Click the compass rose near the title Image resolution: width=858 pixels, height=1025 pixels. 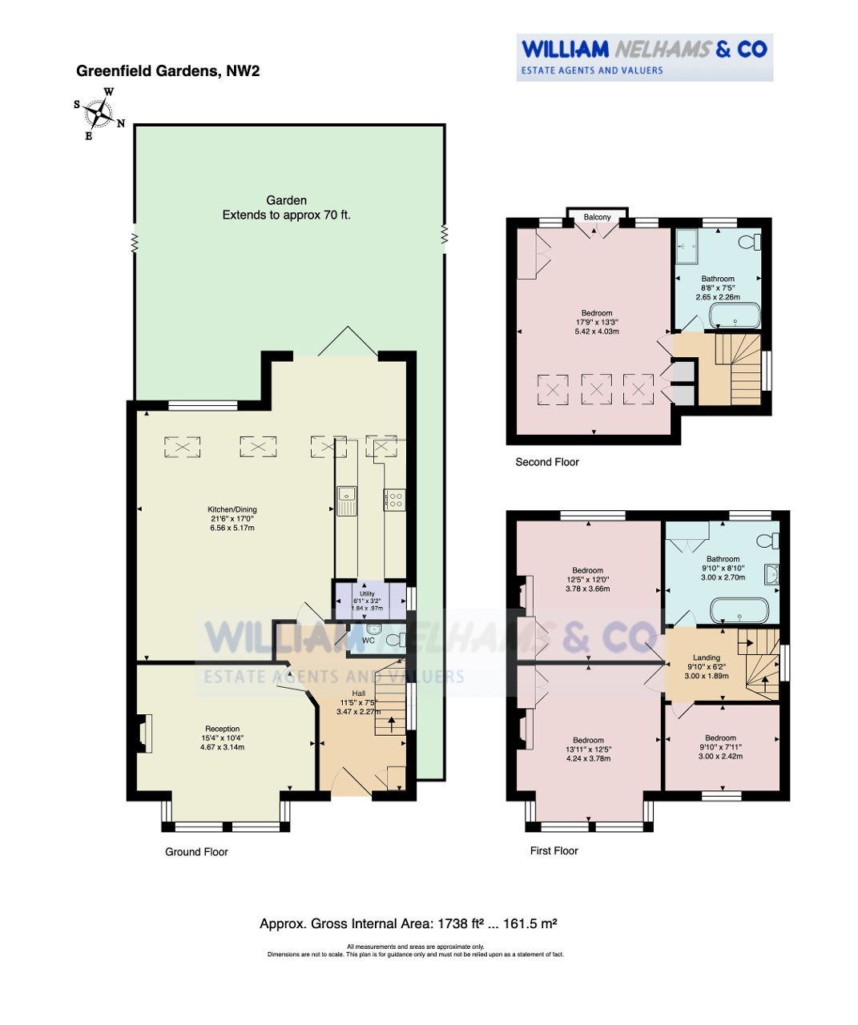(x=99, y=114)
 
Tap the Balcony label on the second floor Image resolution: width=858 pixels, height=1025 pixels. (x=597, y=217)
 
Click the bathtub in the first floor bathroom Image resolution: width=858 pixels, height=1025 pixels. (x=739, y=611)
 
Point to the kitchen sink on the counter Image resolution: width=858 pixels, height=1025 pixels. (x=346, y=500)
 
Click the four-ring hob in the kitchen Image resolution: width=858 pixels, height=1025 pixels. (x=395, y=500)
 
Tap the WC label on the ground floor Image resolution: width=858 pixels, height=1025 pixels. (x=368, y=640)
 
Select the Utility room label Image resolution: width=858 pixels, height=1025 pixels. (x=367, y=593)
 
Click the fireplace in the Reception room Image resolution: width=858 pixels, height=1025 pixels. (x=143, y=734)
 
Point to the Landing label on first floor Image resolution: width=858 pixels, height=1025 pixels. (x=707, y=657)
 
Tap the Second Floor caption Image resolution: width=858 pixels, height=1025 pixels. (x=547, y=462)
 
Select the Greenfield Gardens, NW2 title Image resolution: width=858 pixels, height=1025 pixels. (x=168, y=71)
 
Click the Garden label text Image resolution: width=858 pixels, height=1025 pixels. (x=286, y=200)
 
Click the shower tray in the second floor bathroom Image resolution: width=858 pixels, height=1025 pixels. (x=687, y=246)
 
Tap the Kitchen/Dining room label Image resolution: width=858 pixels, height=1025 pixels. (x=232, y=509)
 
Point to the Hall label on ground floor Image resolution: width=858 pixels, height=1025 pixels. (x=359, y=693)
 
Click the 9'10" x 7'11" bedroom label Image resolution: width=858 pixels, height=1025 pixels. (x=720, y=747)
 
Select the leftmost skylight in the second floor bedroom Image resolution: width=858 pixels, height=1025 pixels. (x=553, y=390)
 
